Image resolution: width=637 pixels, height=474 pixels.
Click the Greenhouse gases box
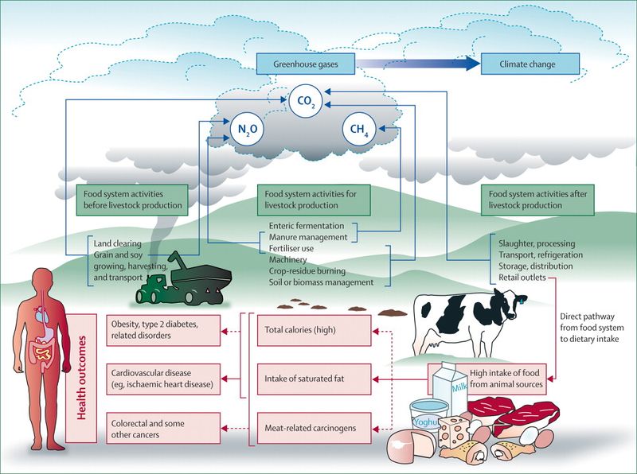(304, 64)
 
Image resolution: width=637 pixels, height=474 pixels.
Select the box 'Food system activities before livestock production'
(133, 199)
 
